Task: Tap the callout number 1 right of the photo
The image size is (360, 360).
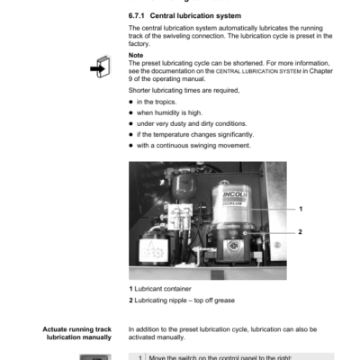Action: click(x=301, y=209)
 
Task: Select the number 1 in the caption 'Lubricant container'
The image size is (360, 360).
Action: click(x=131, y=288)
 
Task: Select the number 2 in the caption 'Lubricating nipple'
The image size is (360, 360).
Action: click(x=131, y=299)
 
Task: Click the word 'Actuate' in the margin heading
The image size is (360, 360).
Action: click(x=57, y=328)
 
